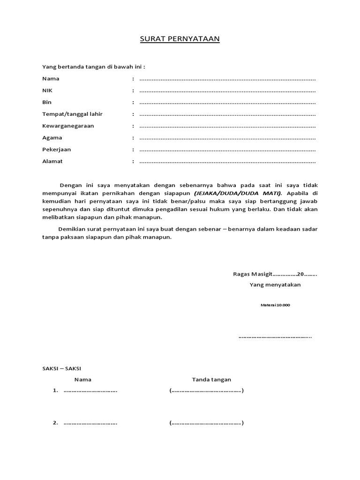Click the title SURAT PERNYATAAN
click(x=180, y=39)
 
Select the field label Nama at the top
click(x=51, y=79)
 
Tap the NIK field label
click(x=48, y=90)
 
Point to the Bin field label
click(x=47, y=102)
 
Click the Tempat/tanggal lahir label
click(x=72, y=114)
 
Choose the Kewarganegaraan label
click(x=68, y=126)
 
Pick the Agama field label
click(x=52, y=138)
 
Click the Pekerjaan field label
click(x=57, y=150)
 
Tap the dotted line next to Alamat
click(x=227, y=162)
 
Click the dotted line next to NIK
click(x=227, y=91)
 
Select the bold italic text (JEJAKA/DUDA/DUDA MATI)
click(x=238, y=193)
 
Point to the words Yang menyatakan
click(x=275, y=285)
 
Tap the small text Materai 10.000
click(x=275, y=305)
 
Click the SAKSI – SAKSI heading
click(x=61, y=369)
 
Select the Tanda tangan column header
click(x=211, y=380)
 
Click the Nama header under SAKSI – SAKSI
click(x=82, y=380)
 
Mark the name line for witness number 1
click(x=90, y=391)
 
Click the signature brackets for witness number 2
click(x=207, y=423)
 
